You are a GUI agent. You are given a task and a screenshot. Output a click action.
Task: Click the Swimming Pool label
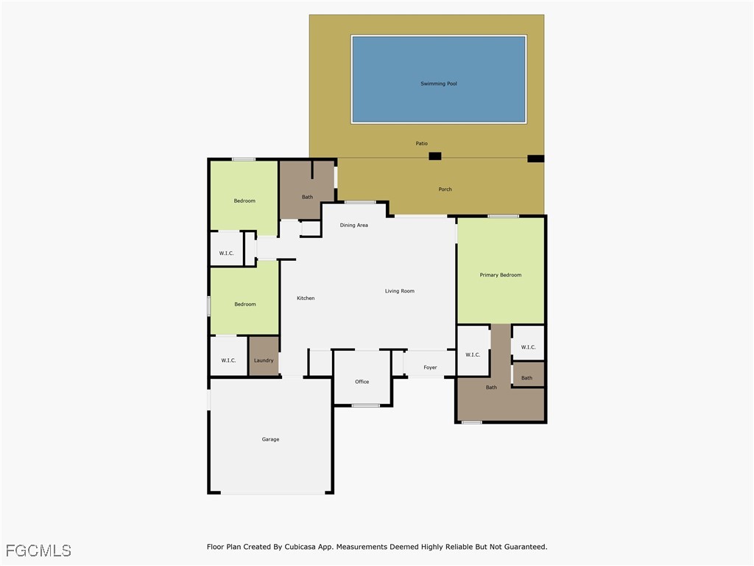coord(439,84)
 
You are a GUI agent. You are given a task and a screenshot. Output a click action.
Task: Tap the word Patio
coord(421,144)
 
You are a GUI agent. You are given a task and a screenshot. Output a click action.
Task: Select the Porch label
coord(445,189)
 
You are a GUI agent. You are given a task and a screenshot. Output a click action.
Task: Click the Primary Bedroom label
coord(500,275)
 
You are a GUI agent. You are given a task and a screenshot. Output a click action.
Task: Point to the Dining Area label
coord(353,226)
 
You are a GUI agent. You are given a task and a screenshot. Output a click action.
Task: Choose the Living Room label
coord(399,291)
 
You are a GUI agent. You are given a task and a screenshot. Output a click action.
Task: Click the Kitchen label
coord(306,298)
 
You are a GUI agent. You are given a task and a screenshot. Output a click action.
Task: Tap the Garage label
coord(270,439)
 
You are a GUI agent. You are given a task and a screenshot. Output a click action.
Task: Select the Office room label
coord(362,382)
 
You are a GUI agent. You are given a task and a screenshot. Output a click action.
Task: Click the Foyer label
coord(430,368)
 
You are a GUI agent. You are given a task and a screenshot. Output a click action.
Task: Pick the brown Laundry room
coord(264,357)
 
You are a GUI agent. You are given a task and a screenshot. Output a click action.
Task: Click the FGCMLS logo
coord(38,551)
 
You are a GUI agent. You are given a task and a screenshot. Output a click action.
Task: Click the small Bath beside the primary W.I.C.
coord(527,376)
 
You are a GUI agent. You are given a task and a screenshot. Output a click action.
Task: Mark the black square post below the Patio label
coord(435,156)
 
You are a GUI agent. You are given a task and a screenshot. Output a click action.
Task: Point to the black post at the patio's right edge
coord(535,158)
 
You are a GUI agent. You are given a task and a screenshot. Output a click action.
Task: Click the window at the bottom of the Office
coord(365,405)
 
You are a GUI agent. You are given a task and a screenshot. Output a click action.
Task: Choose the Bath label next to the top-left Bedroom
coord(307,197)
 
